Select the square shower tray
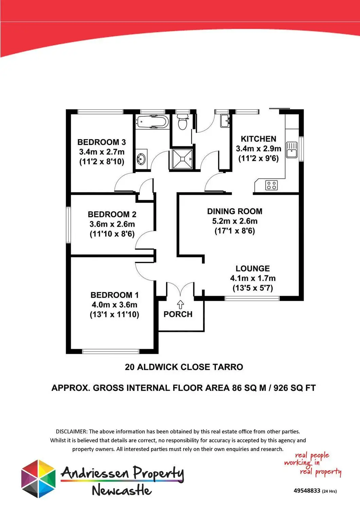click(x=182, y=159)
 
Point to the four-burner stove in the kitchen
click(x=272, y=185)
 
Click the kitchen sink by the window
click(x=292, y=150)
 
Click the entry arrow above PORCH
click(x=180, y=304)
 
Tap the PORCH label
click(x=178, y=314)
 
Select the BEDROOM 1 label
click(x=114, y=295)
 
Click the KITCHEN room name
click(x=258, y=139)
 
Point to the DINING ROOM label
click(x=235, y=211)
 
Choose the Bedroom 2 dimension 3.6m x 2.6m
click(x=112, y=224)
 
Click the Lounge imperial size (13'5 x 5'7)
click(x=253, y=288)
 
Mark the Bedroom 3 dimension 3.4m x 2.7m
click(x=102, y=152)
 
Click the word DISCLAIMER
click(x=71, y=431)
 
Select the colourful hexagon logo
click(x=38, y=479)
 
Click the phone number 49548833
click(x=307, y=491)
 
